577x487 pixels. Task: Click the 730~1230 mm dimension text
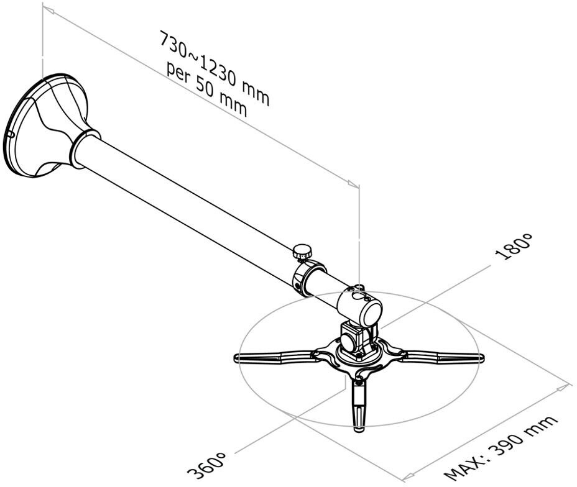215,68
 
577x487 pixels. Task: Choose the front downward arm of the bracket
358,404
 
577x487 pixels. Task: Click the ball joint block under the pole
354,339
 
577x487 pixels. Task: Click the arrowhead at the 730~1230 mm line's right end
353,184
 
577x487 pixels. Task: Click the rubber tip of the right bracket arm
479,358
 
